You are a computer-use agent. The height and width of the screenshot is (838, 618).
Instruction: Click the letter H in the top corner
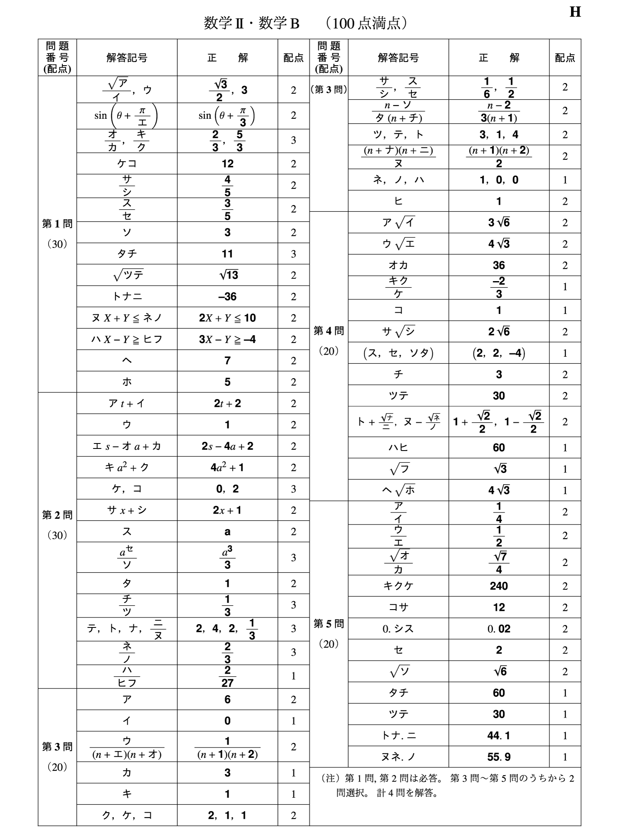point(575,12)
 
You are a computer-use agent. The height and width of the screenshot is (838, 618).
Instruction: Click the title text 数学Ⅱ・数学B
point(251,24)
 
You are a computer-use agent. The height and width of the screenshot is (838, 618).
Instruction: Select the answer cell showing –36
point(227,296)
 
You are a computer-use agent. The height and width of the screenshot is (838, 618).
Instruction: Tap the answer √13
point(227,275)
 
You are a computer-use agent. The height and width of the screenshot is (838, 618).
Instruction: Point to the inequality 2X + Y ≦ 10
point(227,318)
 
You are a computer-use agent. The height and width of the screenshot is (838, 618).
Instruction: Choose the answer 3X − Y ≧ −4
point(227,339)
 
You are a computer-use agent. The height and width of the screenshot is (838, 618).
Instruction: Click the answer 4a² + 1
point(227,468)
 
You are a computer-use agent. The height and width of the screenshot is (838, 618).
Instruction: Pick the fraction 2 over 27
point(227,676)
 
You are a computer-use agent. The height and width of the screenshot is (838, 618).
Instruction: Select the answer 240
point(498,586)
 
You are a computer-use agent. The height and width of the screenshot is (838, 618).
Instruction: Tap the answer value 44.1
point(498,736)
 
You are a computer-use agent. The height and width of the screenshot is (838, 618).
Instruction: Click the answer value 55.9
point(498,757)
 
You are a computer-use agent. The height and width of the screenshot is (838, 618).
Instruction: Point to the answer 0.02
point(498,629)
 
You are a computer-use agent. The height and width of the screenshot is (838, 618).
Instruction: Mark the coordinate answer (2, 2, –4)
point(498,353)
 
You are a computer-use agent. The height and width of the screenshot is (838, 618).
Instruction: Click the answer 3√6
point(498,223)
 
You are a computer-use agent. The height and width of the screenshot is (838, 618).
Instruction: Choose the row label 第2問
point(57,515)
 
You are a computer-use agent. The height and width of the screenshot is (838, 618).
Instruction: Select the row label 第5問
point(329,624)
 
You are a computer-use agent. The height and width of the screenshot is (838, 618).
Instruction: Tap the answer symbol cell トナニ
point(127,296)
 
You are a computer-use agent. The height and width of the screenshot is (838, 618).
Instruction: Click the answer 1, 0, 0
point(498,180)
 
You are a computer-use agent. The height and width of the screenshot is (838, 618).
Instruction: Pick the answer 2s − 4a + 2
point(227,446)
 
